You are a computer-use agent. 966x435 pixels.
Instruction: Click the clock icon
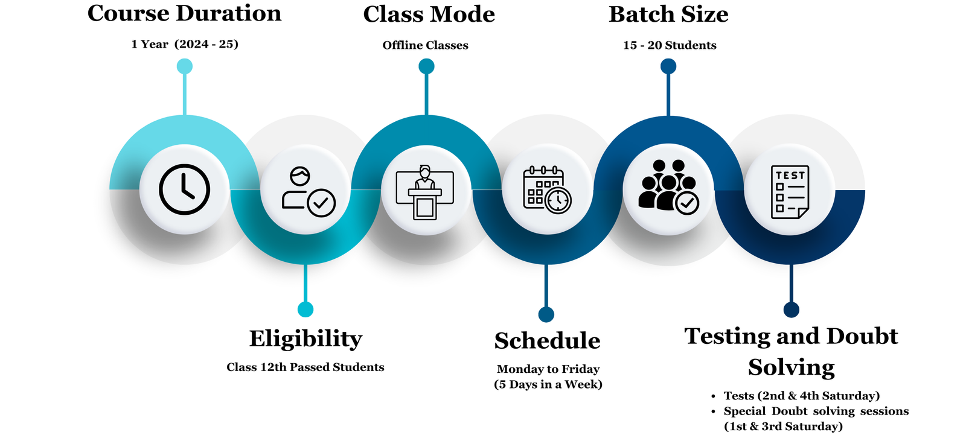coord(184,189)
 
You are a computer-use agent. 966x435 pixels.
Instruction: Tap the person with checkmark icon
coord(307,191)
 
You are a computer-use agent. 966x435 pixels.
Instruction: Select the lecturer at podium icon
coord(425,191)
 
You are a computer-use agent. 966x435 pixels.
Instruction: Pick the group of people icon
coord(668,186)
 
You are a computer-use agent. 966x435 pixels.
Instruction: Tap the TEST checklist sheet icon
coord(790,191)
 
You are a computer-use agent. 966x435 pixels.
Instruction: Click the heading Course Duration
coord(184,13)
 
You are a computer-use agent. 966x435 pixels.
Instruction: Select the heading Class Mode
coord(429,14)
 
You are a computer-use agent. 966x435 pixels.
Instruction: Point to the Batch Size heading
coord(668,14)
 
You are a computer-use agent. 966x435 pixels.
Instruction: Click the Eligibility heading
coord(305,338)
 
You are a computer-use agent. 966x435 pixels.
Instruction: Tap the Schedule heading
coord(547,341)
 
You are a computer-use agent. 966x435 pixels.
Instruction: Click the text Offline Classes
coord(425,45)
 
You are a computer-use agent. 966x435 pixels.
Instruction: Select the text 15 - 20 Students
coord(670,45)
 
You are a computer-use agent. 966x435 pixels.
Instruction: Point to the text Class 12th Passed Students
coord(305,367)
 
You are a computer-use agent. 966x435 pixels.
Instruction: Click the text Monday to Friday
coord(548,369)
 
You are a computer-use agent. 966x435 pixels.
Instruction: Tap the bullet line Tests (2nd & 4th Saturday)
coord(801,396)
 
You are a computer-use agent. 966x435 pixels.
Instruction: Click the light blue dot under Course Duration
coord(185,66)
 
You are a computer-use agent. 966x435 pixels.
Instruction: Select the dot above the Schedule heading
coord(546,314)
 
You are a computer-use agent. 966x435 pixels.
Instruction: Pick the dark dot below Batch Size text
coord(668,66)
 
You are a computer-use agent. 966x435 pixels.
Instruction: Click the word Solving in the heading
coord(791,367)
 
